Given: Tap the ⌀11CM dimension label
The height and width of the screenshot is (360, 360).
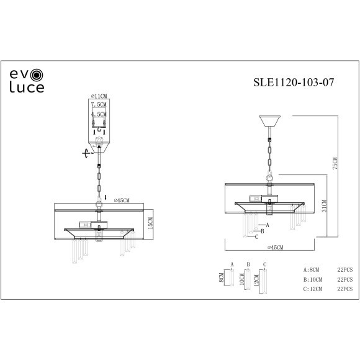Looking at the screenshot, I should (99, 96).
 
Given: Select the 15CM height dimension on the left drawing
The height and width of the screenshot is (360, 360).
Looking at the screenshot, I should (150, 222).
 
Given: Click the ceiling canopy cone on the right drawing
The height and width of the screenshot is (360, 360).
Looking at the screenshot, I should (270, 120).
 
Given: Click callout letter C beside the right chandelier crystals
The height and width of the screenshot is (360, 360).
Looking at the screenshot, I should (256, 236).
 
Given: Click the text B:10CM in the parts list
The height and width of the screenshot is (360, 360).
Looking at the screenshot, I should (313, 280).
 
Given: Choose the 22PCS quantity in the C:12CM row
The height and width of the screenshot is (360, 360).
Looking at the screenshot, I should (344, 290).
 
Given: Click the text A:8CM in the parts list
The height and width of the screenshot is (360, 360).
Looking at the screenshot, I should (312, 270).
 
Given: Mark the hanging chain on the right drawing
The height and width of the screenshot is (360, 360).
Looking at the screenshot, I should (270, 152).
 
